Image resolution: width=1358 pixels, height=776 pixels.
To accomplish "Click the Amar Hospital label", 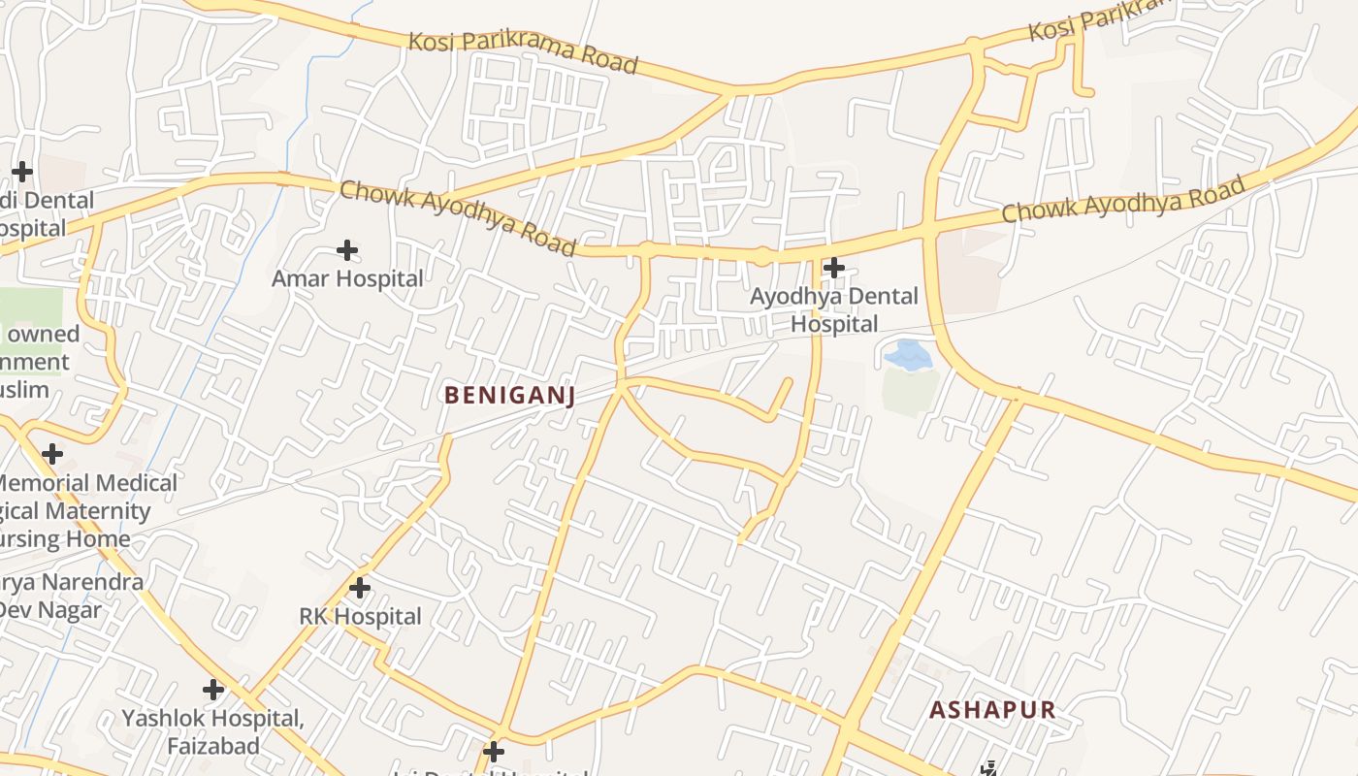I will point(347,279).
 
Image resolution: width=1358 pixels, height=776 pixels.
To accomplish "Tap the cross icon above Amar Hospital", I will point(347,250).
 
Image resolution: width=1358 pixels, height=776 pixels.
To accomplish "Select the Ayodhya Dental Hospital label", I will point(834,309).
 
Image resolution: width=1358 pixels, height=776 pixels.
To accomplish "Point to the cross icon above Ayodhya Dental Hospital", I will point(833,267).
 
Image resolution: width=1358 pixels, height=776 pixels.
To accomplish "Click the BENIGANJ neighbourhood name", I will point(510,395).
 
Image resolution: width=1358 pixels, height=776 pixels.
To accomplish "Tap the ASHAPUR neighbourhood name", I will point(992,710).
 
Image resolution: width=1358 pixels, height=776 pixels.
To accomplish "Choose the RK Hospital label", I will point(360,617).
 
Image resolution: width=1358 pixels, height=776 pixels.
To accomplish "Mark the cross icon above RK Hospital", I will point(360,588).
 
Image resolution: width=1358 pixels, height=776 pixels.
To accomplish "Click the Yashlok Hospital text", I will point(212,719).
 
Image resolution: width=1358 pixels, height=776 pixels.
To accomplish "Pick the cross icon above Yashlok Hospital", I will point(213,690).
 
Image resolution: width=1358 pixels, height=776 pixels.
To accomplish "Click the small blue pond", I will point(908,355).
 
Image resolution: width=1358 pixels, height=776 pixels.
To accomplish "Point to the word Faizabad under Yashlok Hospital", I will point(213,746).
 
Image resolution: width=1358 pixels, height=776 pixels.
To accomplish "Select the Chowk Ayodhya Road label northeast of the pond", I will point(1123,199).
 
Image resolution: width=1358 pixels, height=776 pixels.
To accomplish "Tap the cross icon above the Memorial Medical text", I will point(52,453).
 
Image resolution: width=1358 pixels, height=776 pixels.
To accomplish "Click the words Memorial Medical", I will point(87,483).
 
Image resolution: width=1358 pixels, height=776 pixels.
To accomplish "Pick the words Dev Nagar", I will point(50,610).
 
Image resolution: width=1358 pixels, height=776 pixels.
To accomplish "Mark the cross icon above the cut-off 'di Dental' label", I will point(21,172).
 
